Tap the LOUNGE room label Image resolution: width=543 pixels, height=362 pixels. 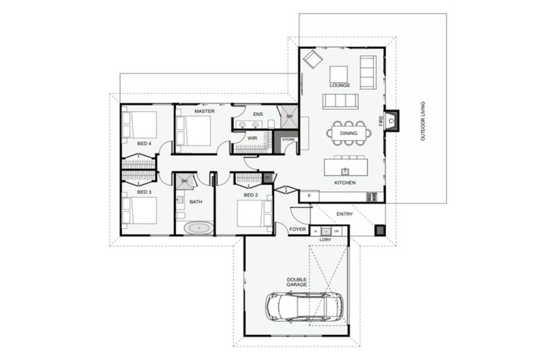tap(340, 86)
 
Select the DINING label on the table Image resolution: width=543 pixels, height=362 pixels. tap(348, 133)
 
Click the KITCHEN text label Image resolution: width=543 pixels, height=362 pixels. tap(345, 183)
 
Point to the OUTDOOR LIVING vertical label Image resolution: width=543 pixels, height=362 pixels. tap(423, 121)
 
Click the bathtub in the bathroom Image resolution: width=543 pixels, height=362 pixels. tap(199, 228)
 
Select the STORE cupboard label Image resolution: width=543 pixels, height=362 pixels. tap(288, 140)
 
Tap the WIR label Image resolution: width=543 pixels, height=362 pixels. tap(252, 138)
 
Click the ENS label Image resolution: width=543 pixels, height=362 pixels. tap(257, 113)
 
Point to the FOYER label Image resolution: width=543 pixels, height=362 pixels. tap(298, 229)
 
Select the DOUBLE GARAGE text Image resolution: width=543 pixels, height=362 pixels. tap(296, 282)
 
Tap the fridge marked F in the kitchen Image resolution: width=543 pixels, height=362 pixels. tap(308, 195)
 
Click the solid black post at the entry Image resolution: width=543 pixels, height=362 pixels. tap(380, 230)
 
